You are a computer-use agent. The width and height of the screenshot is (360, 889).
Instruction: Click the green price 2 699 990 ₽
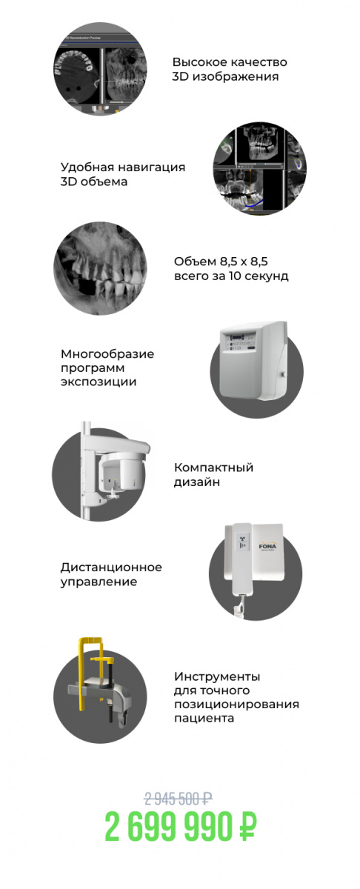[181, 826]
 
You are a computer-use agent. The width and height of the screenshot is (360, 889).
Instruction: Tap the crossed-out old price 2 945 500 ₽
[179, 798]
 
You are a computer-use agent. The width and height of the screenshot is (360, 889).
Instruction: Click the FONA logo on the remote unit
[267, 547]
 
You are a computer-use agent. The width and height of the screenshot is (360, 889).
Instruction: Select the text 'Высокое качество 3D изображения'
[230, 69]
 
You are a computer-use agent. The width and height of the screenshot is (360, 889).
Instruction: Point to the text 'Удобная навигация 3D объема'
[123, 174]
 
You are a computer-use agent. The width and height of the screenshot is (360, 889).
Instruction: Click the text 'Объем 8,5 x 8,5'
[221, 262]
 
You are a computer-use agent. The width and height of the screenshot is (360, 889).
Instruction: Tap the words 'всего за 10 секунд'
[231, 276]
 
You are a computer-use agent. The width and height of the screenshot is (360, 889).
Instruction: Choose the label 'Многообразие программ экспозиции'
[107, 367]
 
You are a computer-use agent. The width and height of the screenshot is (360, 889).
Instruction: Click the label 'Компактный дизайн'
[213, 474]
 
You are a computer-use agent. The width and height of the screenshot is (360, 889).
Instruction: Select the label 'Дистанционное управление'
[111, 574]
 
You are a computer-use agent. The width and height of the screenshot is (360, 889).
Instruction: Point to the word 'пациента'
[204, 718]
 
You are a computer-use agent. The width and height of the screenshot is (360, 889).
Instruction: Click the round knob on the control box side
[284, 373]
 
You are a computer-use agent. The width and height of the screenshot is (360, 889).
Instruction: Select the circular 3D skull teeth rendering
[100, 268]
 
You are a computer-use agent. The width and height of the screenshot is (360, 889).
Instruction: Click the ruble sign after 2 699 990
[248, 826]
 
